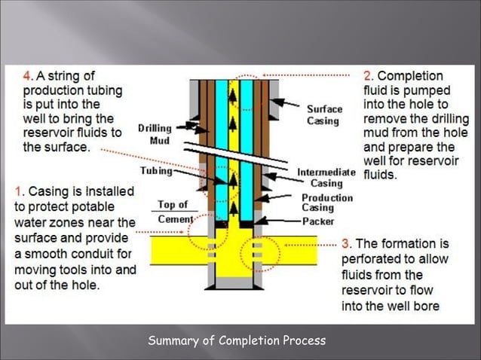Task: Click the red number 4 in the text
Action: [28, 76]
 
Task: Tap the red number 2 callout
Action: [368, 76]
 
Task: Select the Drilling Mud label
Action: [155, 134]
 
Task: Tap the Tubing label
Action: [156, 171]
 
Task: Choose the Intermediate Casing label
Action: [325, 177]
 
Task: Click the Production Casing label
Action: [327, 203]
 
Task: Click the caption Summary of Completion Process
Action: [237, 340]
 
